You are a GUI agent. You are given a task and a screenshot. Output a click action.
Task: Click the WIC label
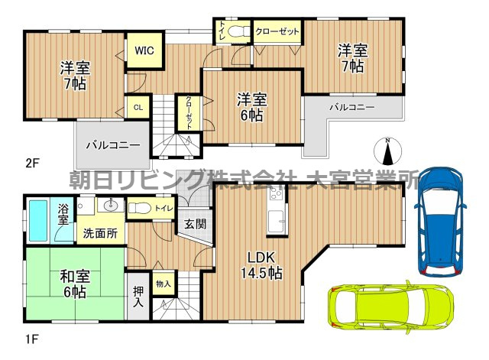pos(145,50)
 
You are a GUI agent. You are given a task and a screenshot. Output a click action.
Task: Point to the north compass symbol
pos(388,151)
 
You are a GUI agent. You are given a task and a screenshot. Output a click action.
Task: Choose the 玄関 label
pos(194,225)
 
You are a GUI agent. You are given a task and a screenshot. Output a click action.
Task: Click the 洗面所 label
pos(100,233)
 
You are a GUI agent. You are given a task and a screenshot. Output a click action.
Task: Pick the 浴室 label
pos(62,214)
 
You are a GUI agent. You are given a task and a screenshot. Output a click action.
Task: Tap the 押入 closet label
pos(138,295)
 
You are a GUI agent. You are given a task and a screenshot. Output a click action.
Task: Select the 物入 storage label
pos(163,284)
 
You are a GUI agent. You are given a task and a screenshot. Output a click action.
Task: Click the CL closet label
pos(138,108)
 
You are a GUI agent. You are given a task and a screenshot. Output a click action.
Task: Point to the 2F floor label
pos(32,162)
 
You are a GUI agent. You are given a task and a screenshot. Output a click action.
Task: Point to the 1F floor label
pos(32,337)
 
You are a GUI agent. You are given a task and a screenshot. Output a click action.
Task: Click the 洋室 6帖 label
pos(251,107)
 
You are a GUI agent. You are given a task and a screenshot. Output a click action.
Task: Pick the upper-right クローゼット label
pos(277,31)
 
